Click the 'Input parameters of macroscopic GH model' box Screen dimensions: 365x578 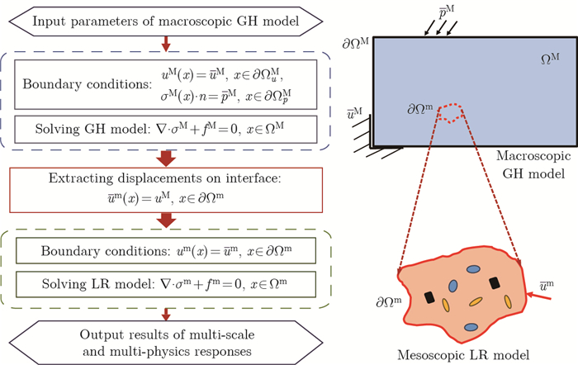pos(167,19)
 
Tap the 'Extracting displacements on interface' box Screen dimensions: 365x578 pos(167,190)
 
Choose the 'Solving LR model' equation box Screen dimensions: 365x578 pos(167,284)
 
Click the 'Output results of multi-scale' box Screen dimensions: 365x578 pos(167,342)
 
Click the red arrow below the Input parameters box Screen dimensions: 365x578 pos(168,41)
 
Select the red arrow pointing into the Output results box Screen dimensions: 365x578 pos(168,314)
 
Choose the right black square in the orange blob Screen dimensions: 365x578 pos(494,283)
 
